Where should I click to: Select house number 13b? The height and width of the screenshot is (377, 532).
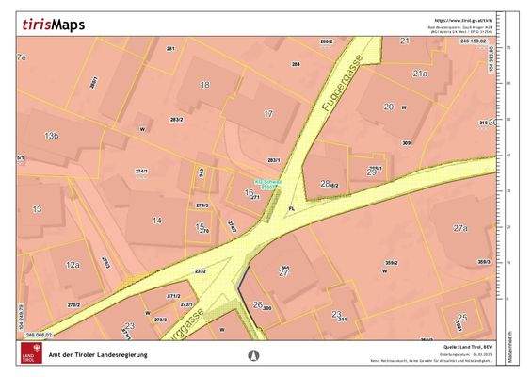click(51, 137)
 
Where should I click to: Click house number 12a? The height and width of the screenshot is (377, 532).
click(73, 267)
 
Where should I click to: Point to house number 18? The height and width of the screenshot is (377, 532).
click(204, 85)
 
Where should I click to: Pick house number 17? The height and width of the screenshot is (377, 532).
click(268, 113)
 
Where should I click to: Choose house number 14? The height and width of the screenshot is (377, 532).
click(156, 221)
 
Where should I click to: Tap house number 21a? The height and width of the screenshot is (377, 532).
click(419, 73)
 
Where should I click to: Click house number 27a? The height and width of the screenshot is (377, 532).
click(459, 228)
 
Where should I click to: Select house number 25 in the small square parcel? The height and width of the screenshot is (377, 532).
click(461, 318)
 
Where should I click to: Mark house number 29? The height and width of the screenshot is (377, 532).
click(371, 172)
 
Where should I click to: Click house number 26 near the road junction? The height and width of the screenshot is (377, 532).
click(258, 304)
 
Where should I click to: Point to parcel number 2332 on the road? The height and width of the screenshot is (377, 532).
click(200, 270)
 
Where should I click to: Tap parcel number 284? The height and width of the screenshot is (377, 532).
click(295, 64)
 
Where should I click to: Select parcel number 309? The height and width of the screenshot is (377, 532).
click(407, 142)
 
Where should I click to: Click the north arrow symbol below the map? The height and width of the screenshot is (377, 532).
click(251, 355)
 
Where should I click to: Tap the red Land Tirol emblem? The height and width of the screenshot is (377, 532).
click(29, 352)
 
